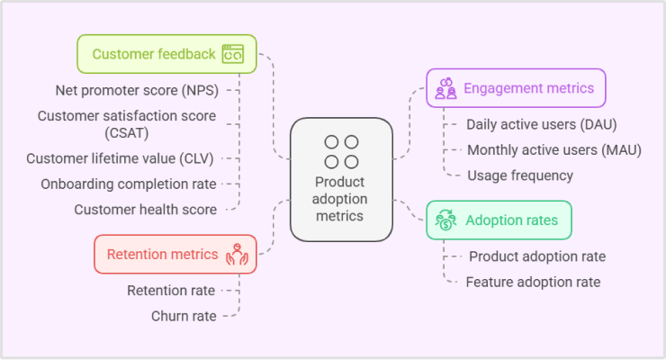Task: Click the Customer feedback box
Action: pyautogui.click(x=166, y=54)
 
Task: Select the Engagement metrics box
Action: pyautogui.click(x=516, y=88)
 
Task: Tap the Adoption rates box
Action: pyautogui.click(x=499, y=220)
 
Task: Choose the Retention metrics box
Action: pyautogui.click(x=175, y=254)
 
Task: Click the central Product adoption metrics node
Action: pyautogui.click(x=341, y=180)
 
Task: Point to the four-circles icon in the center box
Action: pyautogui.click(x=341, y=152)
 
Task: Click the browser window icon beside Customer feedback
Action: pyautogui.click(x=233, y=54)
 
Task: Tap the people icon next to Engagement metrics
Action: pyautogui.click(x=446, y=88)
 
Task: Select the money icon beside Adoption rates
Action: pyautogui.click(x=445, y=220)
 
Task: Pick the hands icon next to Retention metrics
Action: pyautogui.click(x=237, y=255)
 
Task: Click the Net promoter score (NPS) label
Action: pyautogui.click(x=137, y=90)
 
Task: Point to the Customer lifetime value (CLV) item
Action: pyautogui.click(x=120, y=158)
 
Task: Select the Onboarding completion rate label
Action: pyautogui.click(x=129, y=184)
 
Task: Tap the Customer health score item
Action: pyautogui.click(x=146, y=210)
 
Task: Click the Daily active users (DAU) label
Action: pyautogui.click(x=542, y=124)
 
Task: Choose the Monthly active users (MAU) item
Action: pyautogui.click(x=554, y=150)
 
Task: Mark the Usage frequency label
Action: pyautogui.click(x=520, y=175)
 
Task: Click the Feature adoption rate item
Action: pyautogui.click(x=533, y=282)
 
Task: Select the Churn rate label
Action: pyautogui.click(x=184, y=316)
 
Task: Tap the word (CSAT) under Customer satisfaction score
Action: pyautogui.click(x=127, y=133)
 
